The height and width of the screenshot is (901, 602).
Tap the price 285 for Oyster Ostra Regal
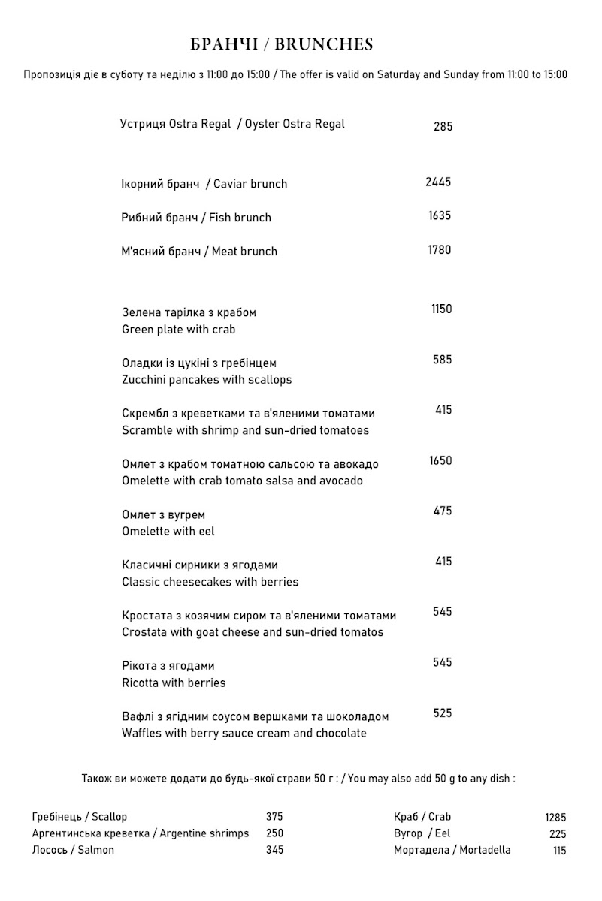[443, 127]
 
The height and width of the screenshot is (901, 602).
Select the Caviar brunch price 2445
[438, 182]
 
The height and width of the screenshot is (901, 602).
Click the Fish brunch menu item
[196, 218]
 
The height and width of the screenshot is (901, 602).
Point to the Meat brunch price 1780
[440, 250]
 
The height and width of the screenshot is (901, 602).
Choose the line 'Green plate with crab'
[179, 330]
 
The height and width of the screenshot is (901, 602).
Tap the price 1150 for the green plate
[442, 309]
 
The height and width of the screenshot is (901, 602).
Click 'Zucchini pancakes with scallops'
[207, 380]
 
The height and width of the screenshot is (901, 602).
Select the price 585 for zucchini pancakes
[443, 360]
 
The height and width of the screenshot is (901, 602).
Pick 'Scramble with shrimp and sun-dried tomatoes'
[245, 431]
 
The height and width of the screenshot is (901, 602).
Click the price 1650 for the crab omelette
[440, 461]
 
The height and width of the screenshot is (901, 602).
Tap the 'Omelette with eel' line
[168, 532]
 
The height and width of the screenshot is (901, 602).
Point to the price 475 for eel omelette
[443, 511]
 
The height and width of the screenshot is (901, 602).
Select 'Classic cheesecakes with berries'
[210, 582]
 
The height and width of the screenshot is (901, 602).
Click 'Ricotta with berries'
[174, 683]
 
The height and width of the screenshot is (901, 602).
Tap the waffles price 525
[443, 713]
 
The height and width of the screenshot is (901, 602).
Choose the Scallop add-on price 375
[274, 817]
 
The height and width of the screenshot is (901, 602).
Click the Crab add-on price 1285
[555, 818]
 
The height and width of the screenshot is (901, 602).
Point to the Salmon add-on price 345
[274, 851]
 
